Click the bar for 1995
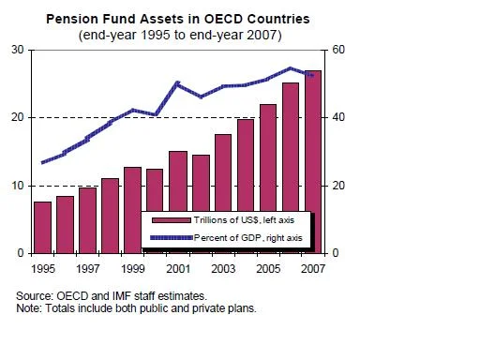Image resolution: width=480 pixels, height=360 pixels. coord(42,228)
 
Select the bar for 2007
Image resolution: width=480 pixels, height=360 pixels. coord(313,162)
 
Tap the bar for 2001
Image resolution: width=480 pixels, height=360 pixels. coord(178,181)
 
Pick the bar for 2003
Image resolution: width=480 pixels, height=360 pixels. coord(223,172)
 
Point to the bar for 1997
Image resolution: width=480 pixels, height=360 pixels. coord(87,220)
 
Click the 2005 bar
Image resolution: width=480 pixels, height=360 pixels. coord(268,157)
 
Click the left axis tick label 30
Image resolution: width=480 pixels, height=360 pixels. coord(18,50)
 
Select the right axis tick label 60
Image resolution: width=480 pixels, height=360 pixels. coord(338,50)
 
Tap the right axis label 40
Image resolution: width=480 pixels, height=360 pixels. coord(338,117)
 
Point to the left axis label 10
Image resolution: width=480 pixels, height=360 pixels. coord(18,186)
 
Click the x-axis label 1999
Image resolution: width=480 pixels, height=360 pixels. coord(133,269)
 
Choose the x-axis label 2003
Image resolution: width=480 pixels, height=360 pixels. coord(223,269)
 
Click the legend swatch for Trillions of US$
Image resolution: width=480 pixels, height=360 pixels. coord(172,220)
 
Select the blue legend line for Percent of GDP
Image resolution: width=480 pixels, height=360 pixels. coord(172,238)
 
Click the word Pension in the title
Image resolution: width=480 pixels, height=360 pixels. coord(72,19)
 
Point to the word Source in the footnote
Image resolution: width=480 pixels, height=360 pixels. coord(34,295)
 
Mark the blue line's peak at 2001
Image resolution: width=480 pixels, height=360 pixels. coord(177,83)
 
